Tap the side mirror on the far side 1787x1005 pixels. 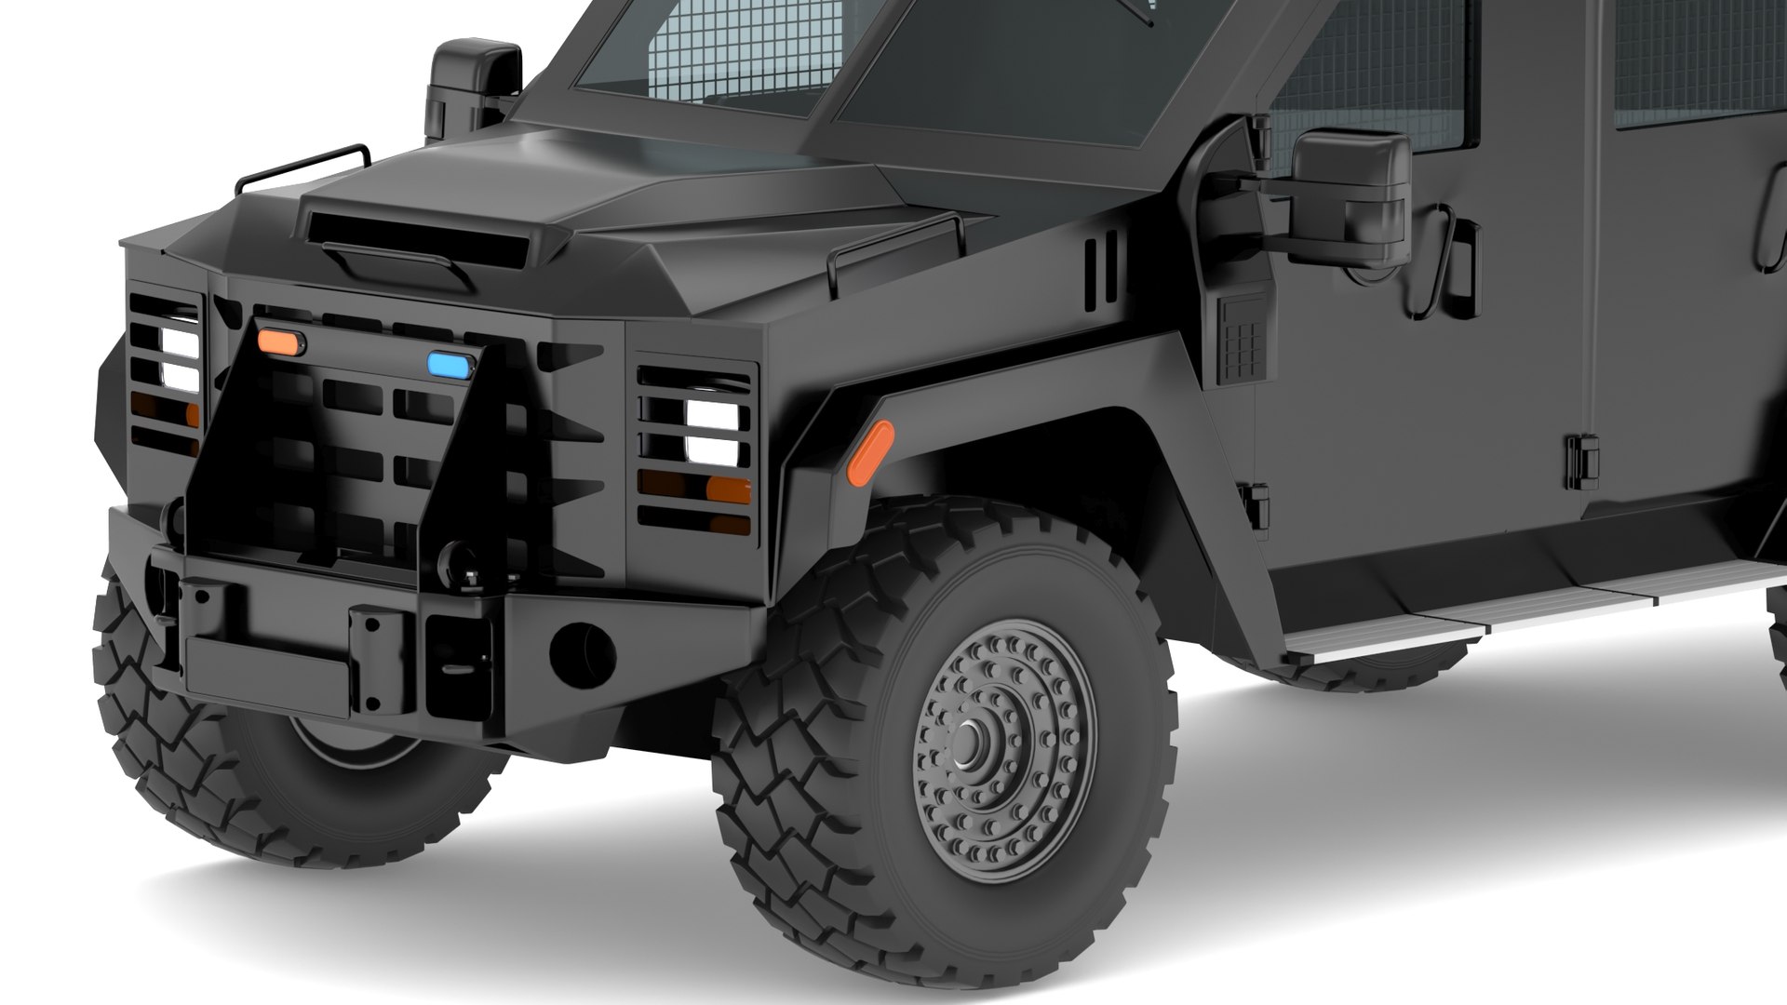click(475, 88)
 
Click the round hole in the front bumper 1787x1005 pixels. click(582, 650)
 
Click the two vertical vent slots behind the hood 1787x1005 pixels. click(1100, 270)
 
